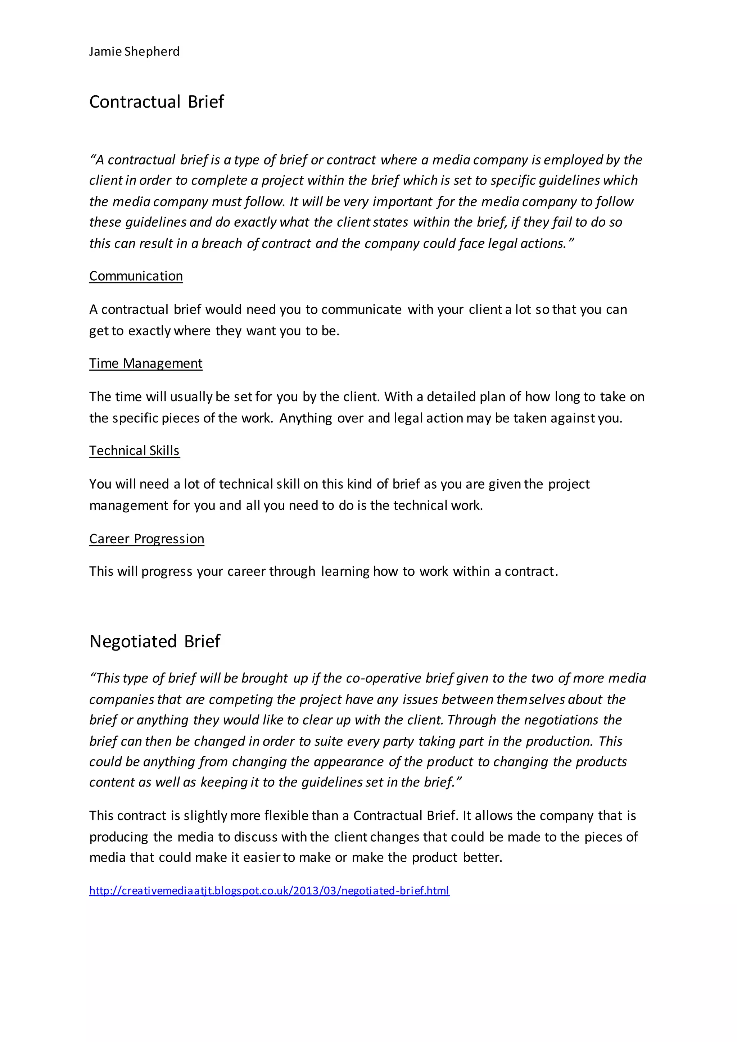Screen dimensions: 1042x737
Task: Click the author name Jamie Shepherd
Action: pos(134,52)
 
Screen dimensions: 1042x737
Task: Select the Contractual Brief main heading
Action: pos(157,102)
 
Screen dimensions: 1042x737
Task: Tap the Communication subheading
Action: pos(136,276)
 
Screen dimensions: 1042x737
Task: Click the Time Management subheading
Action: pos(146,363)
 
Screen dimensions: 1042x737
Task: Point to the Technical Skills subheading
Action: pos(134,450)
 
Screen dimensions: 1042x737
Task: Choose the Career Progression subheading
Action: pos(146,539)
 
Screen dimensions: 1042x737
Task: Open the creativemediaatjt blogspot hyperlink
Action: pos(269,891)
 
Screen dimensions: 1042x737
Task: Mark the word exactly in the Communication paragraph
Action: pos(149,331)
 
